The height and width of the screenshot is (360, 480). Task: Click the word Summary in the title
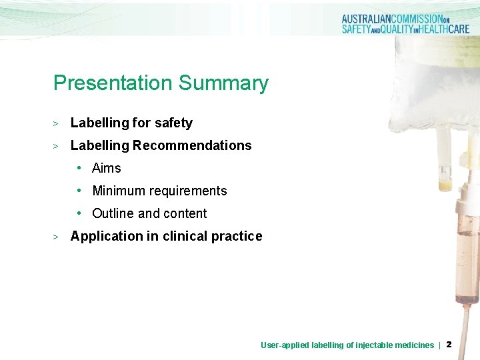(x=223, y=83)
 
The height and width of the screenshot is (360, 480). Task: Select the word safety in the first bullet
(x=173, y=123)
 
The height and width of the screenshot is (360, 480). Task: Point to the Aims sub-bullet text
(x=107, y=168)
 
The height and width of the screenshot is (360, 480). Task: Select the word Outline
(x=113, y=213)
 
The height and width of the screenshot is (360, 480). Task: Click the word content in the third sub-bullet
(x=185, y=213)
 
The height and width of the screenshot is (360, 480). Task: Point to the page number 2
(x=449, y=345)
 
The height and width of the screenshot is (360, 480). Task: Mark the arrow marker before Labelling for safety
(x=57, y=123)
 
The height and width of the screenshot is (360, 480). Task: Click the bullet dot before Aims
(x=79, y=168)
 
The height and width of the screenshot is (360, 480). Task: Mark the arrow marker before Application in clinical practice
(x=57, y=237)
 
